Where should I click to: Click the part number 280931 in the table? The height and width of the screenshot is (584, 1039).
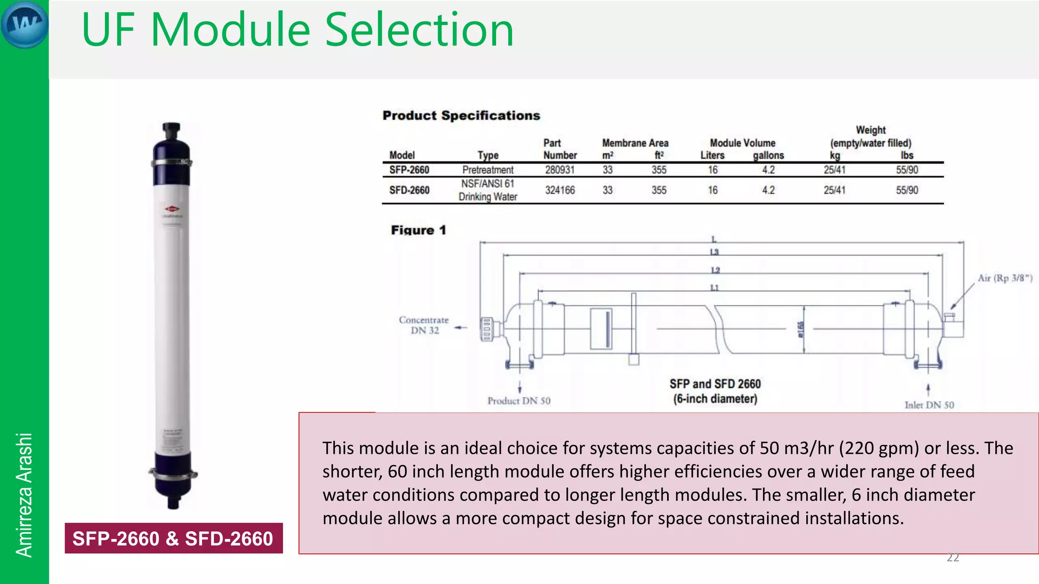[560, 170]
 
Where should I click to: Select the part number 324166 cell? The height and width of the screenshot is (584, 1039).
[560, 190]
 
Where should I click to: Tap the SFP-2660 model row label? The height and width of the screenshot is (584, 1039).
[409, 170]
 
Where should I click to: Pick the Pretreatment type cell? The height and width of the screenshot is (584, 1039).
[488, 170]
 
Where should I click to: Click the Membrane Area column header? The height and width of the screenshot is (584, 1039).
[635, 143]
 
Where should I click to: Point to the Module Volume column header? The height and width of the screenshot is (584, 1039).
[742, 143]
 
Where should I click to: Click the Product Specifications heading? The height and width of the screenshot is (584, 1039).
[461, 116]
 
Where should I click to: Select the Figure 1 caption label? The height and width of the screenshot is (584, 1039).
[418, 230]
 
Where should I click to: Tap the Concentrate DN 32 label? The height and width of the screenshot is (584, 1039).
[424, 325]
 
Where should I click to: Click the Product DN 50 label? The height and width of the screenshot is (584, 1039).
[518, 401]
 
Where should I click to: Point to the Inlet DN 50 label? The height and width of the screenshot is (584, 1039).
[929, 405]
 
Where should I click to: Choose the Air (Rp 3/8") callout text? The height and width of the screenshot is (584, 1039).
[1005, 278]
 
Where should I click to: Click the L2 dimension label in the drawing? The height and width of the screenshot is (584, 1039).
[715, 270]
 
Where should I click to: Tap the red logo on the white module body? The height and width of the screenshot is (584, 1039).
[172, 209]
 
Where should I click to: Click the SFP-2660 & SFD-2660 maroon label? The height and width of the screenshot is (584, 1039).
[174, 538]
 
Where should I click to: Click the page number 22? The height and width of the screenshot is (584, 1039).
[953, 558]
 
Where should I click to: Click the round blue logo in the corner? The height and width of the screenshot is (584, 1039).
[24, 24]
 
